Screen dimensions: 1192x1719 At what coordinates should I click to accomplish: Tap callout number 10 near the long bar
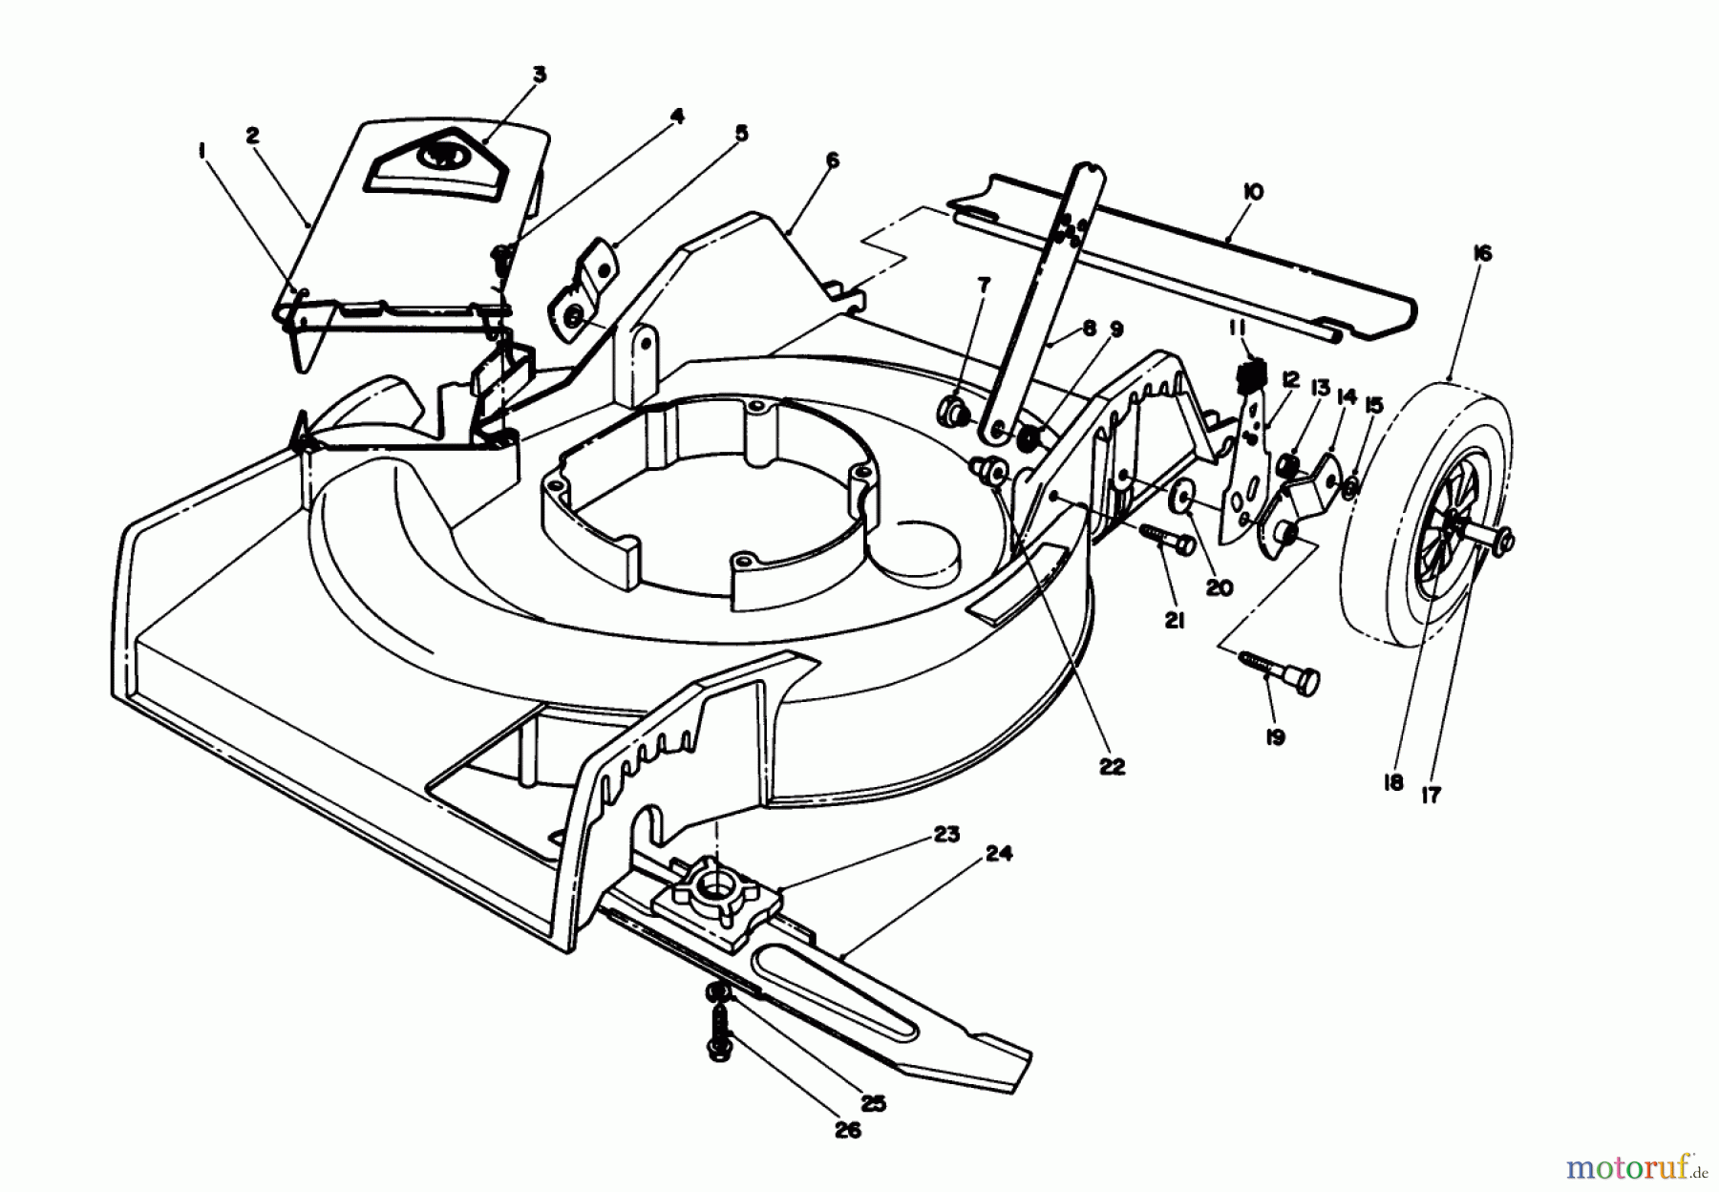pos(1253,192)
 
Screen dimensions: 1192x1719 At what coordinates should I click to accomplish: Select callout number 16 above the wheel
pos(1482,253)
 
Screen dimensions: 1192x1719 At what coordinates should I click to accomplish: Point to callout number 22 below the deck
pos(1113,766)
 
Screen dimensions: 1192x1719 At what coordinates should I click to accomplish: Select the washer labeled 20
pos(1184,499)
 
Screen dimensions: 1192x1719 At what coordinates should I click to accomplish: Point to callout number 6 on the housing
pos(832,160)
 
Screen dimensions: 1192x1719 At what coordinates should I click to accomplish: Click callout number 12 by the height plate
pos(1291,379)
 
